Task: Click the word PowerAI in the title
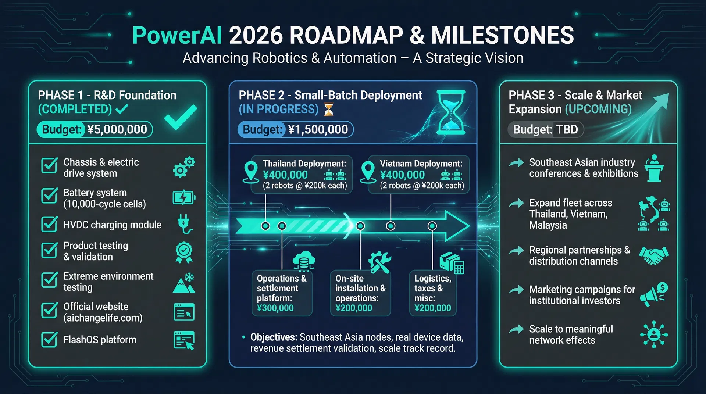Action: point(177,36)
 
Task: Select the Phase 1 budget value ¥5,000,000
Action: point(117,129)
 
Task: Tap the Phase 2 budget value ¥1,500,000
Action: point(318,129)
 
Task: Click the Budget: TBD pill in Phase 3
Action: point(545,129)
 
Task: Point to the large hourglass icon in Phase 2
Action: point(451,112)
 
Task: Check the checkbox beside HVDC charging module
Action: point(49,224)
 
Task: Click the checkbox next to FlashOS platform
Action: point(49,340)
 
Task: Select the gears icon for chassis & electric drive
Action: point(184,167)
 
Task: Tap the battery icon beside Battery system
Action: point(184,198)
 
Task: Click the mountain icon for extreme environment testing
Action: point(184,283)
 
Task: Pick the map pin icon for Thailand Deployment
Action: point(251,172)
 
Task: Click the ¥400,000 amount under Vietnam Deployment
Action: point(402,175)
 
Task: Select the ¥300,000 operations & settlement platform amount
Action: point(275,308)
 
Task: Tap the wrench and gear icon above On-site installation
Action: point(379,262)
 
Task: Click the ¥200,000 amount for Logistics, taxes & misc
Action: point(432,308)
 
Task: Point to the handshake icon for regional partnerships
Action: point(654,255)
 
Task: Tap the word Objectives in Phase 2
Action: point(274,337)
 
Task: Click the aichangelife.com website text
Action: point(103,318)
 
